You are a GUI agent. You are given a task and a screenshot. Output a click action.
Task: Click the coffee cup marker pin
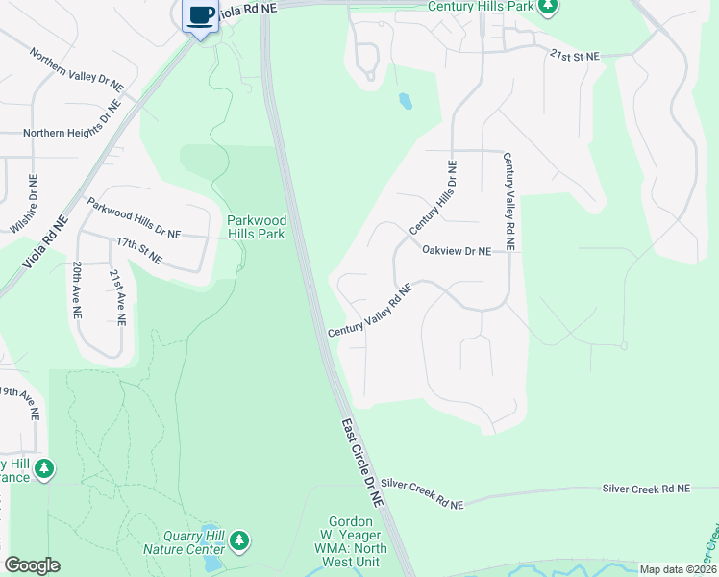click(x=201, y=16)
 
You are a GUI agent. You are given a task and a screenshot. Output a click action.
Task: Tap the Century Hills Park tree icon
click(x=548, y=9)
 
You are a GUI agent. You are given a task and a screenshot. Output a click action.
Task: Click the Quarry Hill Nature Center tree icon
click(x=238, y=542)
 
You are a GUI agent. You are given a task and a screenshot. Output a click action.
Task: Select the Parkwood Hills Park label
click(x=256, y=227)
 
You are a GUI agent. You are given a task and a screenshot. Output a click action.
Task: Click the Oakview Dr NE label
click(x=456, y=250)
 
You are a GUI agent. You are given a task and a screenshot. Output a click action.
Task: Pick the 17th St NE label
click(x=139, y=253)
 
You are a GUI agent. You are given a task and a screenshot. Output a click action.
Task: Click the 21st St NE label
click(x=575, y=57)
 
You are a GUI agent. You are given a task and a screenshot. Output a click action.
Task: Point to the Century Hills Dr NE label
click(x=434, y=197)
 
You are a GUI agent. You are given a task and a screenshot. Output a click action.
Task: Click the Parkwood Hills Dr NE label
click(x=134, y=218)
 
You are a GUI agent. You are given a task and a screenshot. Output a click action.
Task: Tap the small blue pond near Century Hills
click(x=406, y=100)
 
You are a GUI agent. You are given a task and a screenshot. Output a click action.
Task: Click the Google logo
click(x=32, y=565)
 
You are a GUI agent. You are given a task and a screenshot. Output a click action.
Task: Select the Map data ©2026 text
click(x=678, y=569)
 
